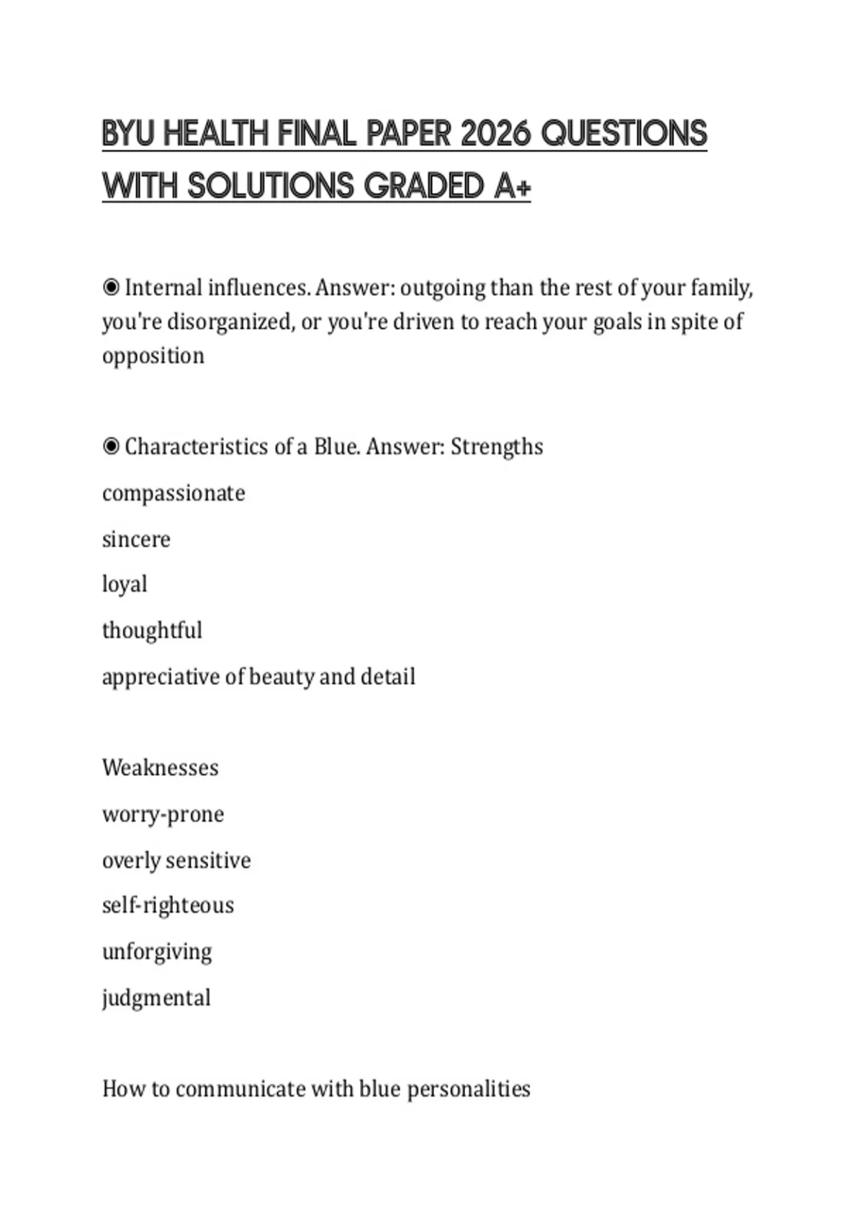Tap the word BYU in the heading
pos(127,134)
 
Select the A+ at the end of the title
pos(513,186)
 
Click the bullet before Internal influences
pos(111,288)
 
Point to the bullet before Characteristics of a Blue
pos(111,447)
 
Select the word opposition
pos(153,355)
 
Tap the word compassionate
pos(174,494)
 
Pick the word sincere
pos(136,539)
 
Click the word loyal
pos(125,584)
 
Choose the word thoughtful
pos(152,630)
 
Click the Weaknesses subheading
pos(160,768)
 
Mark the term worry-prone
pos(163,814)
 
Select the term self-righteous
pos(168,905)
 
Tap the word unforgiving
pos(157,952)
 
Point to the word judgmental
pos(156,998)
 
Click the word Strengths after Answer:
pos(497,447)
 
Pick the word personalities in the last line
pos(469,1089)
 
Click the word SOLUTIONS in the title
pos(271,186)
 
